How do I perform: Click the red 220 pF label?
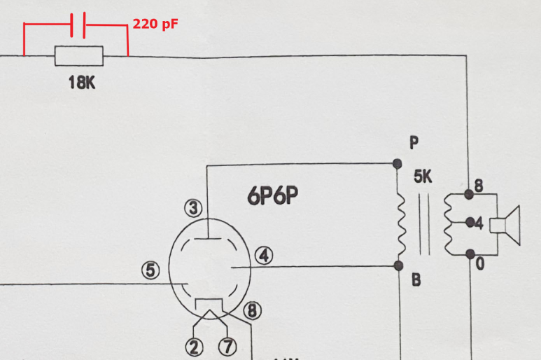click(155, 24)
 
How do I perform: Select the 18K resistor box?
click(78, 56)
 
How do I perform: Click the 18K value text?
click(81, 83)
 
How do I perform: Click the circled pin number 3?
click(194, 207)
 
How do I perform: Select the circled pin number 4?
click(263, 256)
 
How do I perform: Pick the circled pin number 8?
click(252, 310)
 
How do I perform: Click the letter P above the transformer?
click(414, 143)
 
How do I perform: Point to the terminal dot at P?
click(398, 164)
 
